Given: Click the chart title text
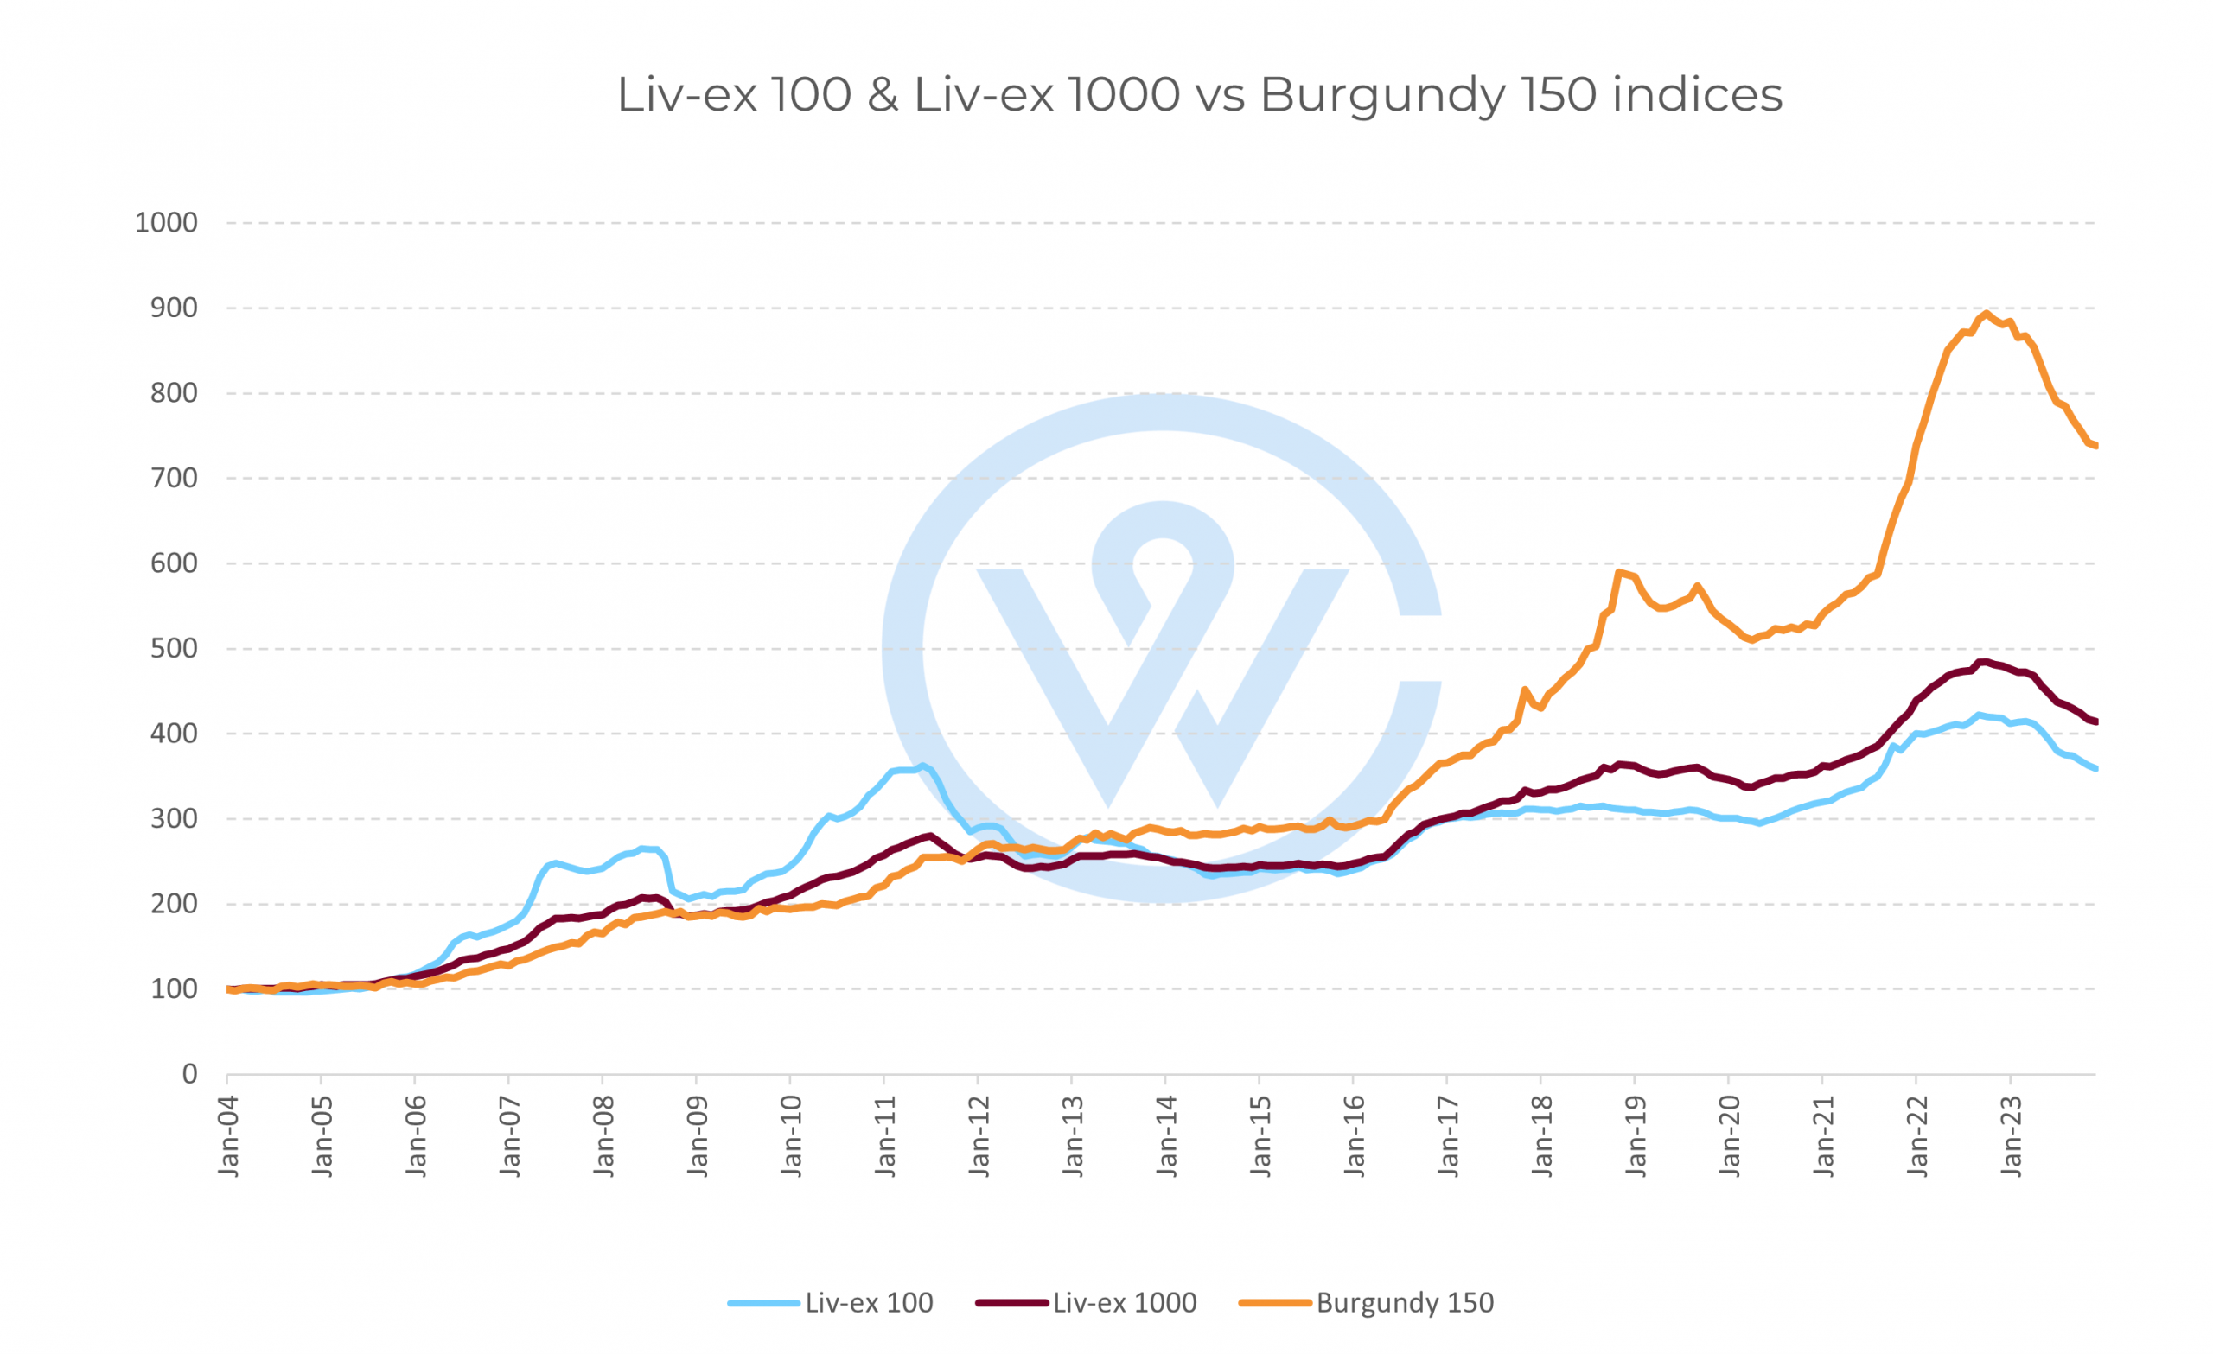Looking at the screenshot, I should tap(1199, 94).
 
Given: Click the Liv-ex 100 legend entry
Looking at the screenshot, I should tap(868, 1303).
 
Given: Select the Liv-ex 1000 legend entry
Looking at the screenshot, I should tap(1124, 1303).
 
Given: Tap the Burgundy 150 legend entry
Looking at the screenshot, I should tap(1404, 1303).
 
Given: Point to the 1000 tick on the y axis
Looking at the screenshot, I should tap(166, 223).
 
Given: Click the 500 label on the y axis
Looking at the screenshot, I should tap(174, 648).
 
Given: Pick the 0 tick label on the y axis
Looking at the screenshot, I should tap(189, 1074).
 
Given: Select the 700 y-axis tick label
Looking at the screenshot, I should tap(174, 478).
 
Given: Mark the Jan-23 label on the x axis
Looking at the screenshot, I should tap(2012, 1135).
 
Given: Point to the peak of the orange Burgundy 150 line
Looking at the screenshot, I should tap(1987, 314).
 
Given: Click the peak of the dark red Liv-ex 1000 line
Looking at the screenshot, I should tap(1983, 662).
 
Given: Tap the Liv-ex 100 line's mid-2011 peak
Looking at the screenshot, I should tap(922, 766).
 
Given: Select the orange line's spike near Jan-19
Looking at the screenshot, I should tap(1618, 572).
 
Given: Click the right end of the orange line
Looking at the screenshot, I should tap(2095, 445).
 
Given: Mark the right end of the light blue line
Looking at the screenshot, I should tap(2095, 768).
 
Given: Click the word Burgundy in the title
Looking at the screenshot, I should tap(1383, 94).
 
